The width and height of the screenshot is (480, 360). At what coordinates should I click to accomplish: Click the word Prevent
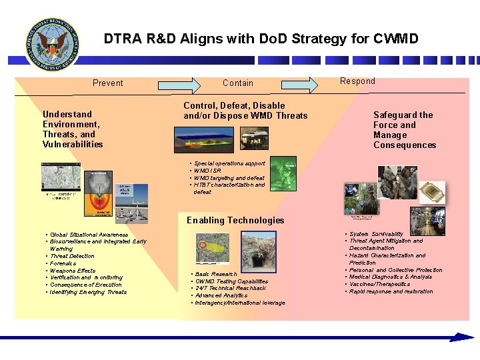coord(108,83)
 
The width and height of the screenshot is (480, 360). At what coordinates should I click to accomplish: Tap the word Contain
coord(238,83)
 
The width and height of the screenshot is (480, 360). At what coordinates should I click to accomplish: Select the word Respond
coord(358,81)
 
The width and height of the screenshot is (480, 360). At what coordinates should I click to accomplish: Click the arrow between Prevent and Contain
coord(178,84)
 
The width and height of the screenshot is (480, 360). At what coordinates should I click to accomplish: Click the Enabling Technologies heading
coord(235,221)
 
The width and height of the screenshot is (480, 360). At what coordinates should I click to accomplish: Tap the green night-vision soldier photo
coord(283,171)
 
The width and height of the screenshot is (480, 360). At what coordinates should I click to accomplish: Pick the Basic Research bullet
coord(215,274)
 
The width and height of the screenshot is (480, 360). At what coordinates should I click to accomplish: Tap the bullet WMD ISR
coord(209,171)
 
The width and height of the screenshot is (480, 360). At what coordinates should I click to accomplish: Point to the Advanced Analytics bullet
coord(221,295)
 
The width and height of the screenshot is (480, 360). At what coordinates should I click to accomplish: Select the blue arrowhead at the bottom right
coord(462,337)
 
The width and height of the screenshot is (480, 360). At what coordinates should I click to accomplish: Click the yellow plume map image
coord(212,249)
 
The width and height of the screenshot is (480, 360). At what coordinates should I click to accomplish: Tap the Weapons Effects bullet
coord(73,271)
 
